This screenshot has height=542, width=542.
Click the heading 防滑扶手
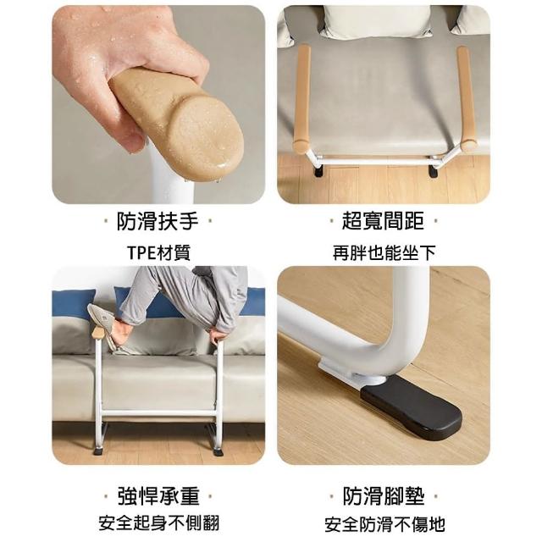[158, 221]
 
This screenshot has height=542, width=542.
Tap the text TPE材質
[159, 252]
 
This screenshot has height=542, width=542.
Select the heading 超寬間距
[383, 221]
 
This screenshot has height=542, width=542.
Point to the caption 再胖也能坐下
[384, 252]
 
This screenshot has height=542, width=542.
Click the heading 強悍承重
[158, 496]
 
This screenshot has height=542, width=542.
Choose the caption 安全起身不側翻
[159, 523]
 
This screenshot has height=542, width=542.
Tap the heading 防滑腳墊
[384, 496]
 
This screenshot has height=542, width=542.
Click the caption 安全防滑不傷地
[384, 524]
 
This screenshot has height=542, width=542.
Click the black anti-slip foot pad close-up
[412, 408]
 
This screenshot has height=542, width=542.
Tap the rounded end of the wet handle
[207, 138]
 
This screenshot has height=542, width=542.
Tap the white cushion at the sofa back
[377, 21]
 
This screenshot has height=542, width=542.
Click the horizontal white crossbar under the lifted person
[158, 413]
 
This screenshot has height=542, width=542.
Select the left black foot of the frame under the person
[98, 451]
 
